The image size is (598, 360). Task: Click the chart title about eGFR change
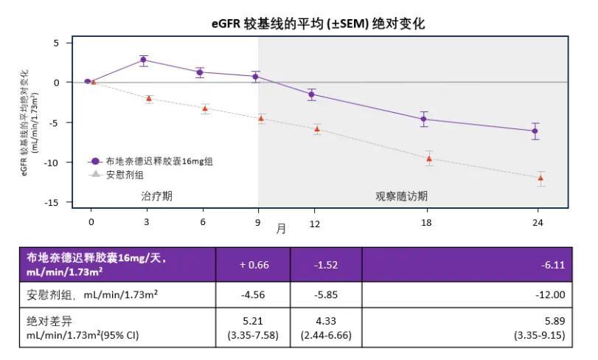318,24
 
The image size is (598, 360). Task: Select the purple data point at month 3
144,60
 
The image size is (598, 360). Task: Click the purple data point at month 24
535,131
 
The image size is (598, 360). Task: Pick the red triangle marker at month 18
429,159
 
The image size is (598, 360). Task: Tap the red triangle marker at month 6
205,108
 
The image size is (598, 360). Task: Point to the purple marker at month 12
311,94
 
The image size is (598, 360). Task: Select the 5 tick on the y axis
56,43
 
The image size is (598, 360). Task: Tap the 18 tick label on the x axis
427,222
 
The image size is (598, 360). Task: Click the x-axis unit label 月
281,229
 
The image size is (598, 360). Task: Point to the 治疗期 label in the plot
157,196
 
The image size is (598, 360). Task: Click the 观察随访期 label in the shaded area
401,196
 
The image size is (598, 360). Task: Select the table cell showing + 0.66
253,264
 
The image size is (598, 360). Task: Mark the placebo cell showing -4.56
253,294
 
